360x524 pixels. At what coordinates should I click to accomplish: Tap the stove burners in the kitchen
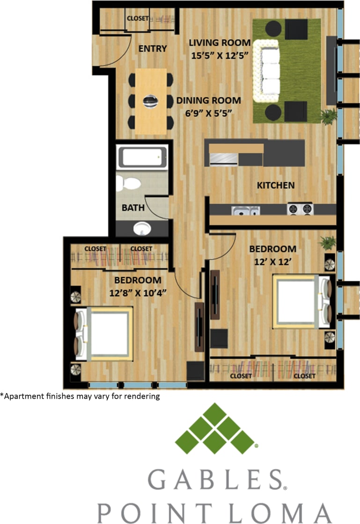click(300, 209)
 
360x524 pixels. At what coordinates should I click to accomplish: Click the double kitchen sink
click(244, 211)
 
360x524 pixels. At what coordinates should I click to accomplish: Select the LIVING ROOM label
click(220, 43)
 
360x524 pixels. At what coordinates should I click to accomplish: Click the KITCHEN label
click(276, 185)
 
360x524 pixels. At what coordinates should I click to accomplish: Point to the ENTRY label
click(153, 49)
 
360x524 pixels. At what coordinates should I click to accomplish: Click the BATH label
click(133, 207)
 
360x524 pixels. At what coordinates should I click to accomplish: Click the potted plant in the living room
click(329, 116)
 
